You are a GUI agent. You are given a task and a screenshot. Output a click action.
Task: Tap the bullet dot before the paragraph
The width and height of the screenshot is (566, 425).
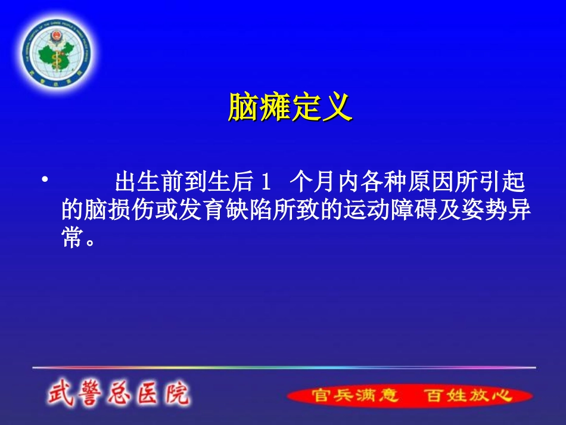(x=43, y=179)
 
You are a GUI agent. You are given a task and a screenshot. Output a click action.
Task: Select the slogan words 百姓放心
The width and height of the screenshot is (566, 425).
(x=468, y=396)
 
